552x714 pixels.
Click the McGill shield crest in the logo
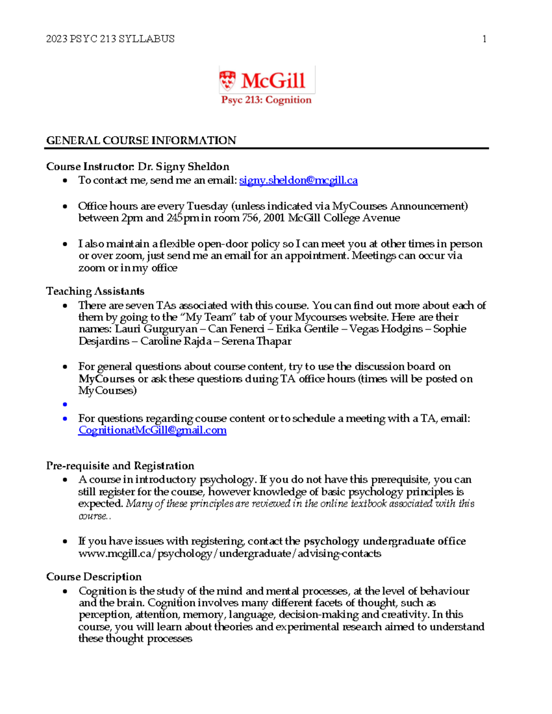click(227, 80)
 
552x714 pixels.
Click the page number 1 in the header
click(484, 39)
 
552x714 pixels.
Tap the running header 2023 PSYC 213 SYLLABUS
click(110, 39)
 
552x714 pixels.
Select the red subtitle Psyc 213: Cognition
click(266, 100)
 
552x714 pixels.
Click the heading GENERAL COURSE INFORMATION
click(141, 140)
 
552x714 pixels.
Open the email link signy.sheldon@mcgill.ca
click(298, 180)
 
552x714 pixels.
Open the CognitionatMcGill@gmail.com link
click(152, 430)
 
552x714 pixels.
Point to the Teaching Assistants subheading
click(95, 291)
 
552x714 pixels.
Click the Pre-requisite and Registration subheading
click(120, 466)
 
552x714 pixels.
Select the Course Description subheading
click(94, 577)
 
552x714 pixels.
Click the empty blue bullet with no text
click(65, 405)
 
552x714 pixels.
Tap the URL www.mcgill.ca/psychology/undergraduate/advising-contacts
click(230, 554)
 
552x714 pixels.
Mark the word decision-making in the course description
click(319, 615)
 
